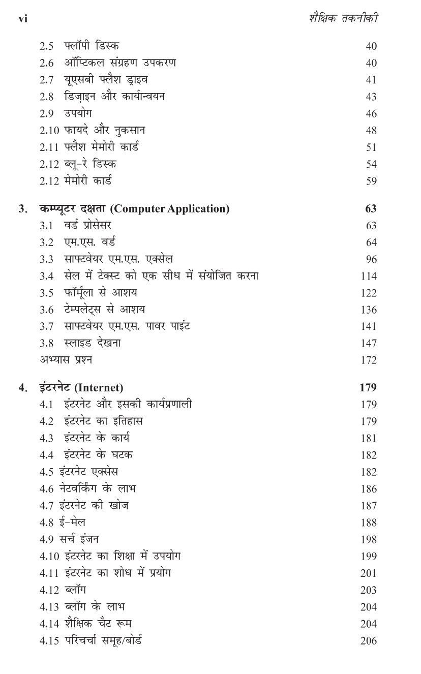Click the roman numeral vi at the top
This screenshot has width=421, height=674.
tap(22, 19)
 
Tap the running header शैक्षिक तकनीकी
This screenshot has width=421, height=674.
tap(344, 18)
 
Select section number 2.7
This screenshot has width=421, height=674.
tap(47, 80)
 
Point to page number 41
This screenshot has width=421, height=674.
tap(371, 80)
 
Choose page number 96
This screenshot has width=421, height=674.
tap(371, 260)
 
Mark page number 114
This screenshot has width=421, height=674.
tap(369, 277)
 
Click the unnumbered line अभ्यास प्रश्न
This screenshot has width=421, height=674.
tap(66, 360)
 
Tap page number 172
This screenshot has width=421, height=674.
tap(369, 360)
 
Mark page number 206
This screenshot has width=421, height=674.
tap(369, 641)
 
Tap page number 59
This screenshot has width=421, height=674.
tap(371, 181)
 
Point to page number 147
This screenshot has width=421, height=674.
tap(369, 344)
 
